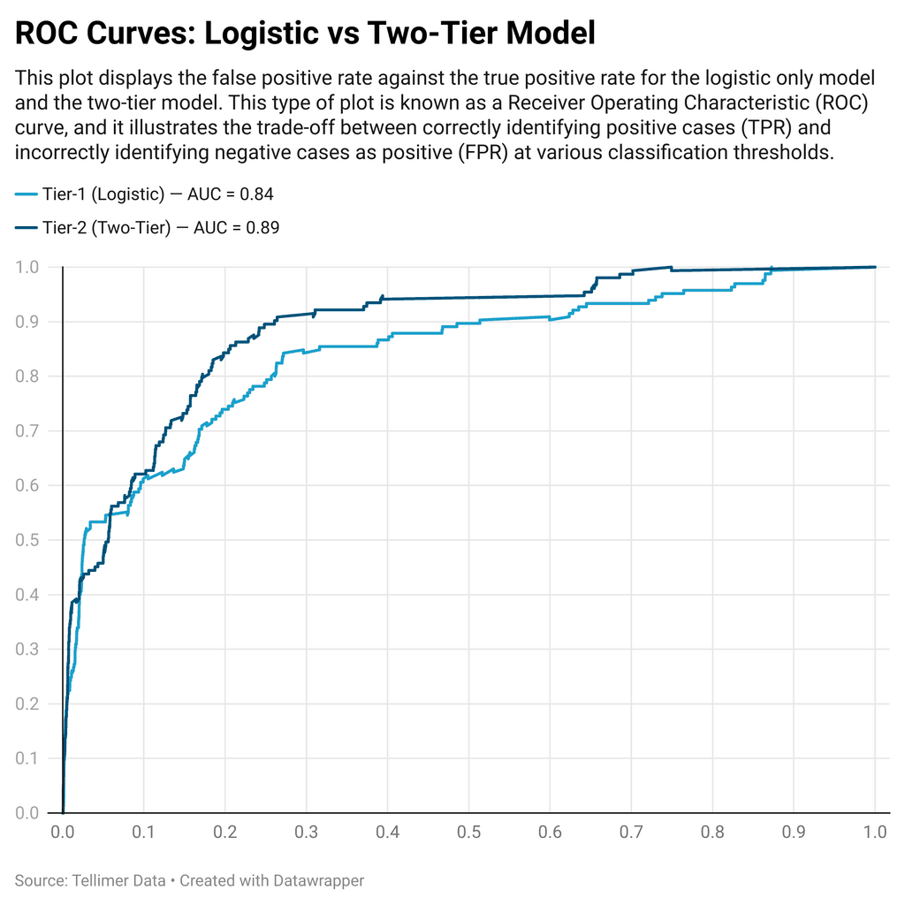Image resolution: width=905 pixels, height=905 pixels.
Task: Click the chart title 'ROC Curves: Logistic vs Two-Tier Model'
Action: pos(305,34)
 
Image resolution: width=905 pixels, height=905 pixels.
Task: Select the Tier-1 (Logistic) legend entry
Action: pos(103,194)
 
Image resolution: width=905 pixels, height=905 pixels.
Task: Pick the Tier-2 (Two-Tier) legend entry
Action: pos(106,228)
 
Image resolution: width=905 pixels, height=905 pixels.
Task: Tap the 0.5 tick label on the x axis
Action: pos(468,833)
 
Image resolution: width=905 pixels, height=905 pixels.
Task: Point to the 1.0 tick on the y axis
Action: pos(28,267)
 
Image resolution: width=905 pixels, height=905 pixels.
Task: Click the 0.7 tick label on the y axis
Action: pos(28,431)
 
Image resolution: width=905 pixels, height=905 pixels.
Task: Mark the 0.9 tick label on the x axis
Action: pos(794,833)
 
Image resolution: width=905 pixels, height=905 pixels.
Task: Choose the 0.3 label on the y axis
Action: pos(28,650)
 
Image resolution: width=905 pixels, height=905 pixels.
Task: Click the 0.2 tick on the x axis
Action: pos(225,833)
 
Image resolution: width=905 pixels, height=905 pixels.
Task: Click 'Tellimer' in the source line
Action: pos(94,880)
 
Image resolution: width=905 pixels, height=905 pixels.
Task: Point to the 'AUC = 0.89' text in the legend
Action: pos(238,228)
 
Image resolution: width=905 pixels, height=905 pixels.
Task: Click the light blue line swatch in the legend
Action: pos(26,194)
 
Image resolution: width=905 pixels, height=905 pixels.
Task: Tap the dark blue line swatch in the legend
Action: pos(26,228)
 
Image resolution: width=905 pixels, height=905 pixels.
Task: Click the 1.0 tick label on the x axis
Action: pos(875,833)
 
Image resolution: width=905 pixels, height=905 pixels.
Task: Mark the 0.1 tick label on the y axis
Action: pos(28,758)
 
